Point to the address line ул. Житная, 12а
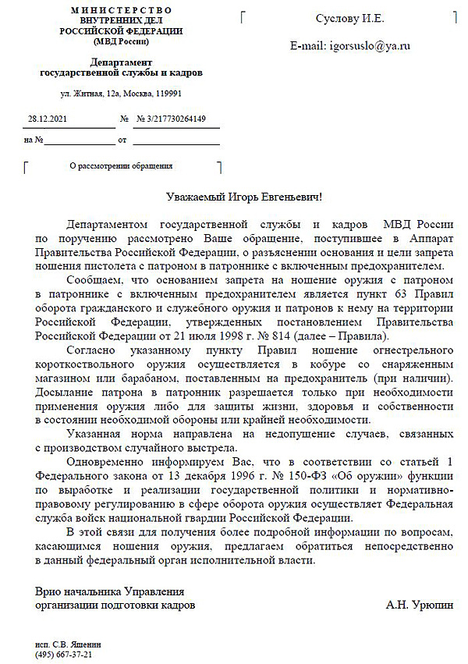click(x=121, y=94)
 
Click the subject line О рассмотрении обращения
click(x=121, y=165)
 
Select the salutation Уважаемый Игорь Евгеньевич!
click(x=243, y=197)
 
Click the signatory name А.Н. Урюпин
click(x=417, y=605)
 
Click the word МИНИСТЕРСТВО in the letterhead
click(x=121, y=9)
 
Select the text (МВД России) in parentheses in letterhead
click(x=121, y=41)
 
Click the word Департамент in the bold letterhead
click(x=121, y=62)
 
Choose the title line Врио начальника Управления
click(x=109, y=591)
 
